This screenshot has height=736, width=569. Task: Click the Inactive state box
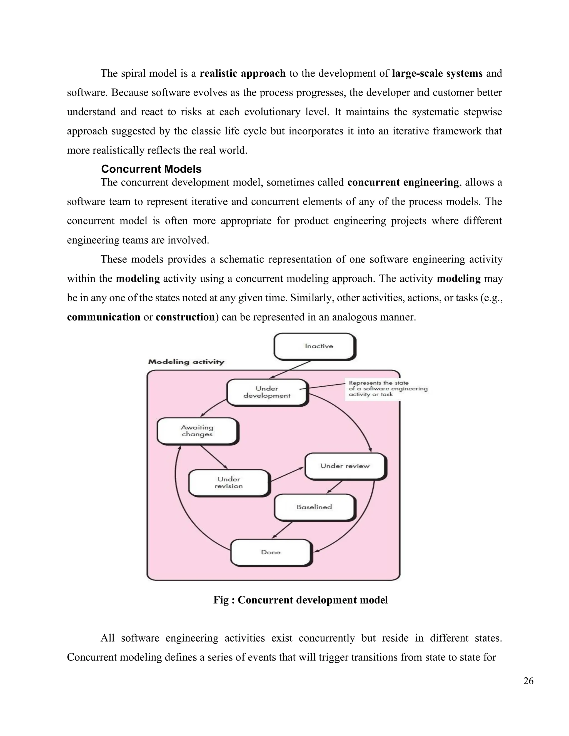click(315, 346)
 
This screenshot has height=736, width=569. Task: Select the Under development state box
click(267, 392)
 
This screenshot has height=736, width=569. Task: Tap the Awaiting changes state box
click(197, 431)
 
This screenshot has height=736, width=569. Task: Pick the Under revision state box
click(229, 483)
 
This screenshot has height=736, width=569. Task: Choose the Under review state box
click(345, 466)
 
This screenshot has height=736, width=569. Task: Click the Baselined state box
click(315, 507)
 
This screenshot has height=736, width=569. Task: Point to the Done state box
click(271, 552)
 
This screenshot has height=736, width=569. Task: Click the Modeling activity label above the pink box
click(186, 362)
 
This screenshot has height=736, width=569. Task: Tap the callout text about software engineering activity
click(388, 389)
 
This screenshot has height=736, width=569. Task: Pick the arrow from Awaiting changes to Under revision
click(214, 457)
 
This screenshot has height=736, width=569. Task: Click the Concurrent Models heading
click(151, 169)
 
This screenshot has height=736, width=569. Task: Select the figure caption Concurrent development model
click(300, 600)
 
